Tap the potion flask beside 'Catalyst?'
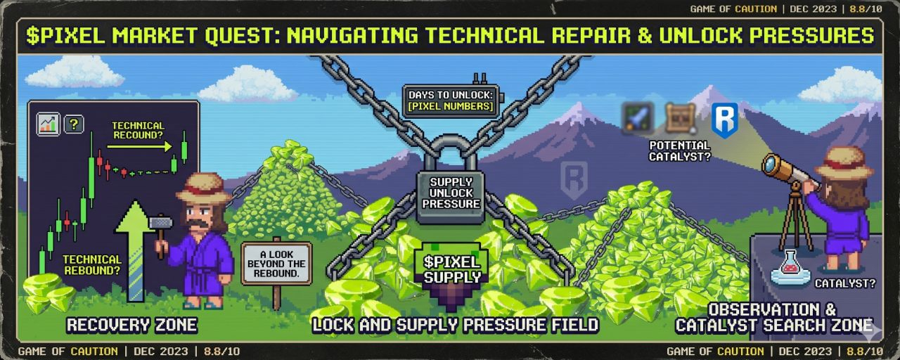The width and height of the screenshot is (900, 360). [x=790, y=268]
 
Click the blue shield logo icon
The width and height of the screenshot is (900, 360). [x=724, y=120]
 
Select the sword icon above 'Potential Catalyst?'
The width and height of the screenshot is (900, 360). [x=638, y=117]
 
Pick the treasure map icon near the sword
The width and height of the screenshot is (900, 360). [x=680, y=117]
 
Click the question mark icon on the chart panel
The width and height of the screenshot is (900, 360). [x=74, y=124]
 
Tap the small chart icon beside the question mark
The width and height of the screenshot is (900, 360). [x=49, y=124]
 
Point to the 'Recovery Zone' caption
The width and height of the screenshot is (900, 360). [x=131, y=325]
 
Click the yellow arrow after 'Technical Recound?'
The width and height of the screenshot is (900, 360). [x=139, y=147]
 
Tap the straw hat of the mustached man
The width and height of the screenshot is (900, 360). [x=203, y=188]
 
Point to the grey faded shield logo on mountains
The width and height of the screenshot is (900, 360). [x=574, y=181]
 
